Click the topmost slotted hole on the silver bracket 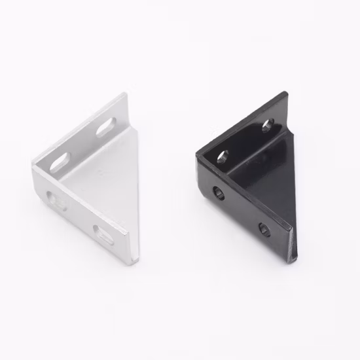coord(109,126)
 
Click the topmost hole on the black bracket coord(268,124)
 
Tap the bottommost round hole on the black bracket coord(264,228)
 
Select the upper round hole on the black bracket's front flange coord(219,192)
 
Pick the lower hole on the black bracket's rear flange coord(223,155)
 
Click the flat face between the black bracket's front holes coord(242,211)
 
